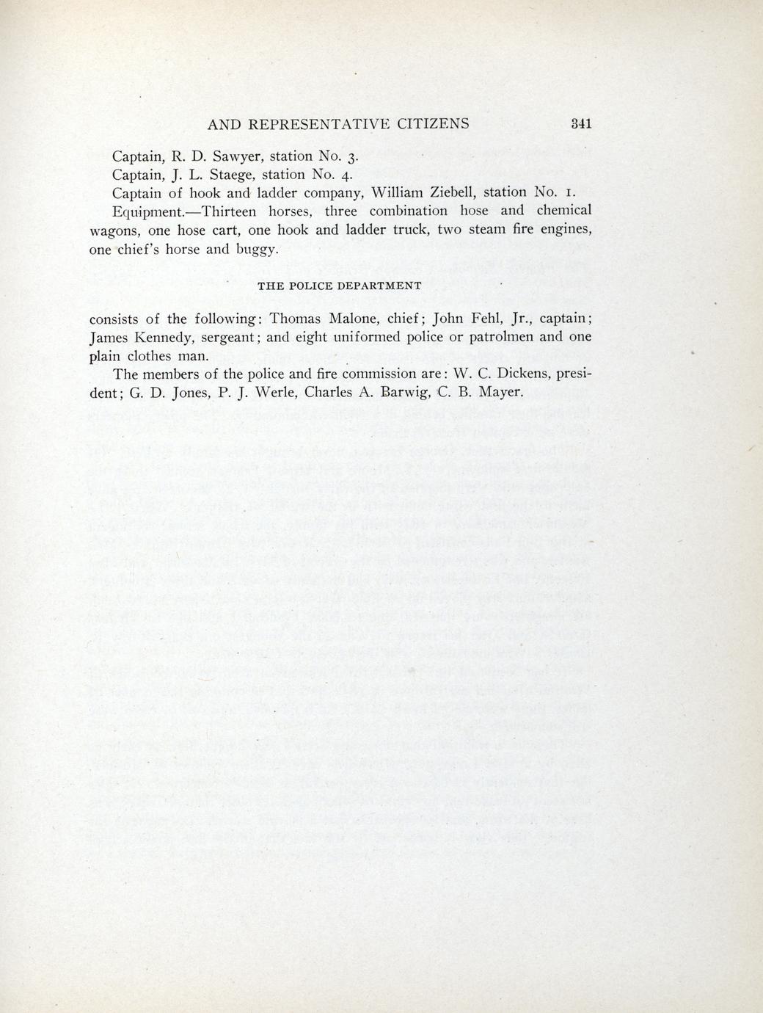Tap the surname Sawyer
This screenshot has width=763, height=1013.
click(x=238, y=157)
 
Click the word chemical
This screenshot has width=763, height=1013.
click(x=563, y=211)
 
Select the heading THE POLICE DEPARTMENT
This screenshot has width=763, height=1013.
click(x=340, y=286)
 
